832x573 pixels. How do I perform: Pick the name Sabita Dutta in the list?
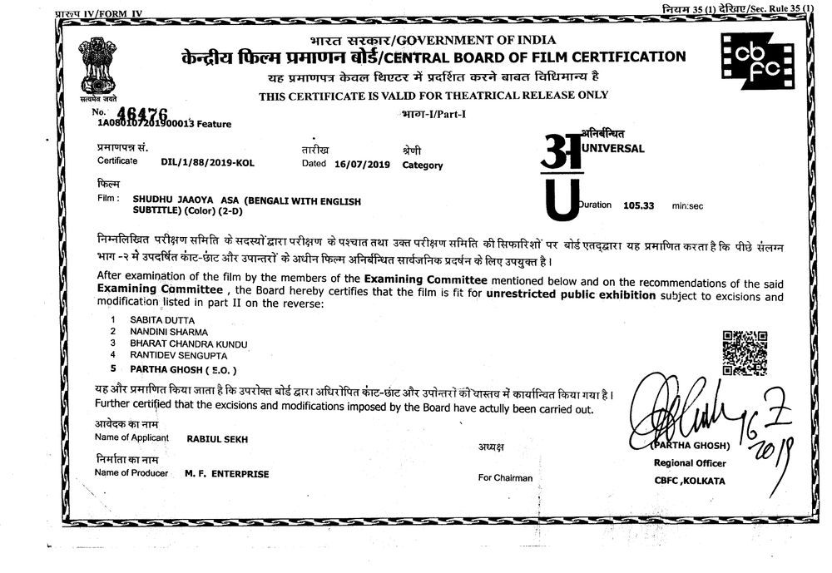(x=156, y=319)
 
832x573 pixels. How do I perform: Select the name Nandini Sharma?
(x=162, y=332)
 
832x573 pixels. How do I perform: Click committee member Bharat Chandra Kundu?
(x=189, y=343)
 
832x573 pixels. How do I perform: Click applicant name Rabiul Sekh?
(x=217, y=438)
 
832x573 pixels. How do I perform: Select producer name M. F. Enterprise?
(x=227, y=473)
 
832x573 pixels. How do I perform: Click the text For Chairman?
(x=505, y=477)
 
